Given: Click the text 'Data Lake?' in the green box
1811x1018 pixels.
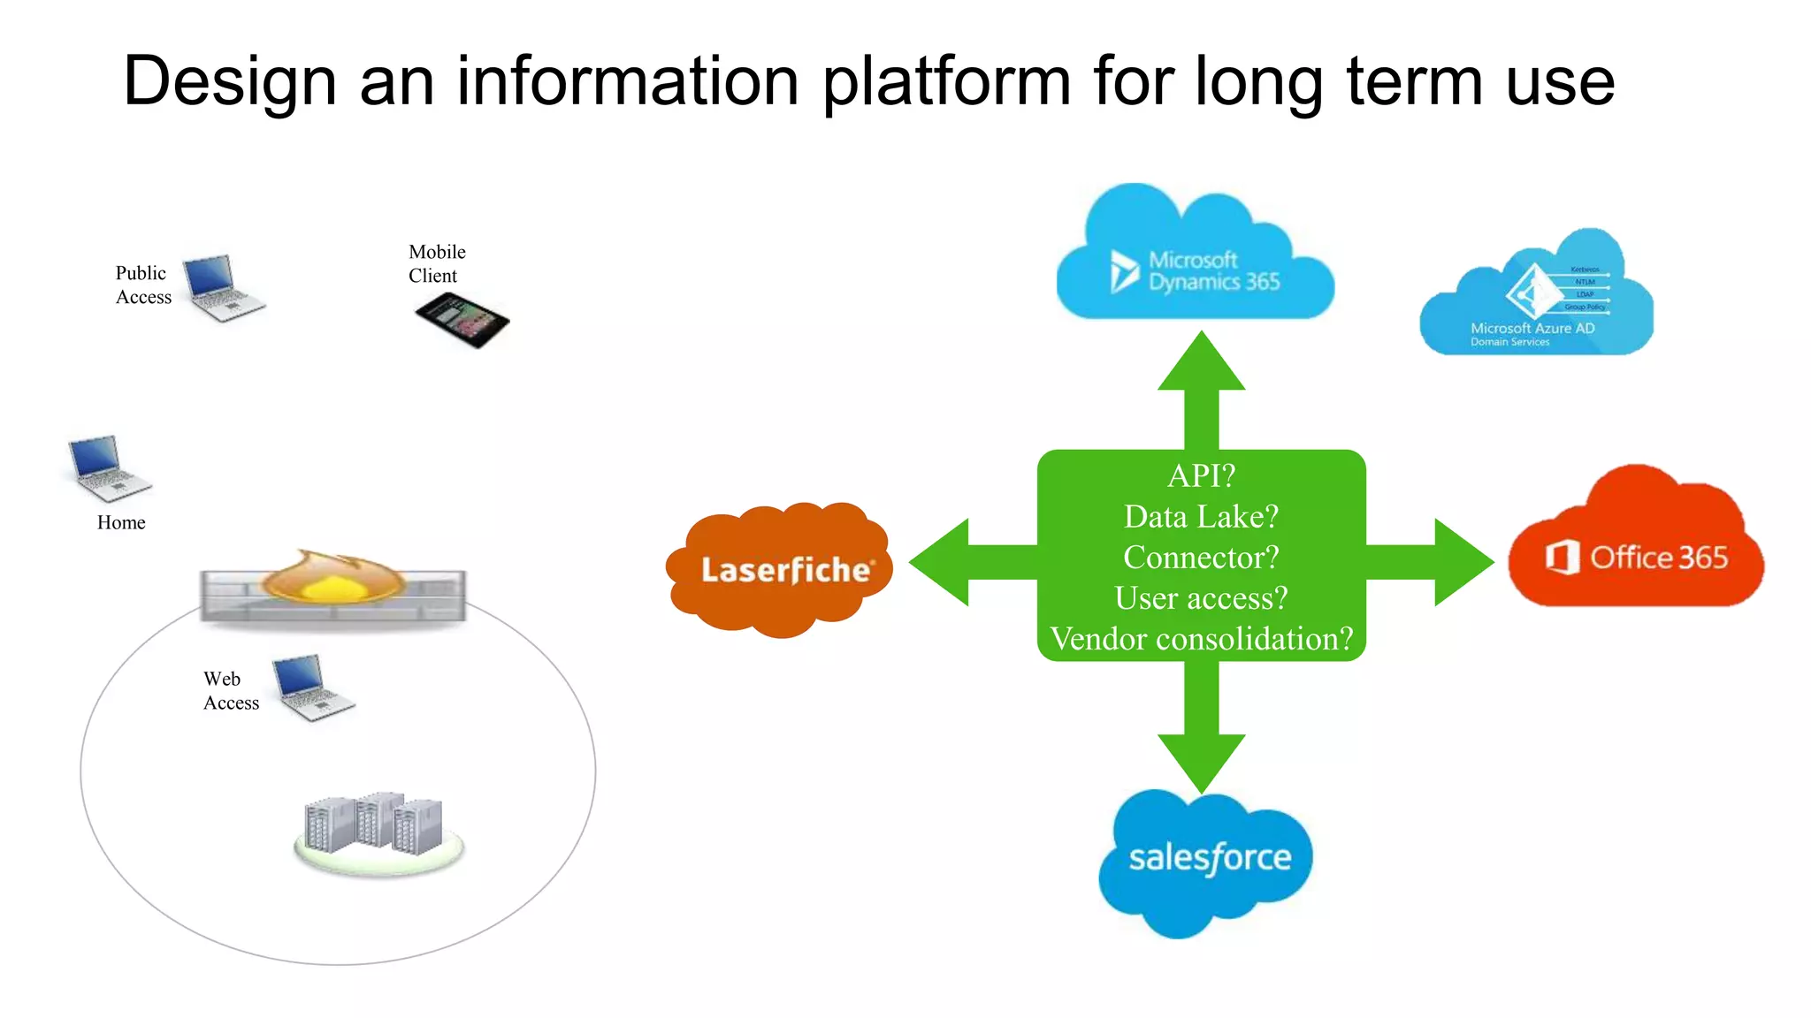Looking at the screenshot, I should tap(1201, 516).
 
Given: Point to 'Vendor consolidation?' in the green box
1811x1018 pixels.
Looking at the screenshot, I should tap(1201, 638).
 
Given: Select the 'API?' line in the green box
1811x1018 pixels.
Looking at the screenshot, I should tap(1201, 475).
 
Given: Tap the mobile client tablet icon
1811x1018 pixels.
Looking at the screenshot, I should tap(462, 320).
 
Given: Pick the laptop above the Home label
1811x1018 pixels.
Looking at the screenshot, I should tap(108, 467).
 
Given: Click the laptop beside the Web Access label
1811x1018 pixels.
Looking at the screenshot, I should tap(311, 688).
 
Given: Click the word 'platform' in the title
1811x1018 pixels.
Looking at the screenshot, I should tap(946, 81).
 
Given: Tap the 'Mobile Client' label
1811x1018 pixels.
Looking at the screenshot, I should tap(436, 263).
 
